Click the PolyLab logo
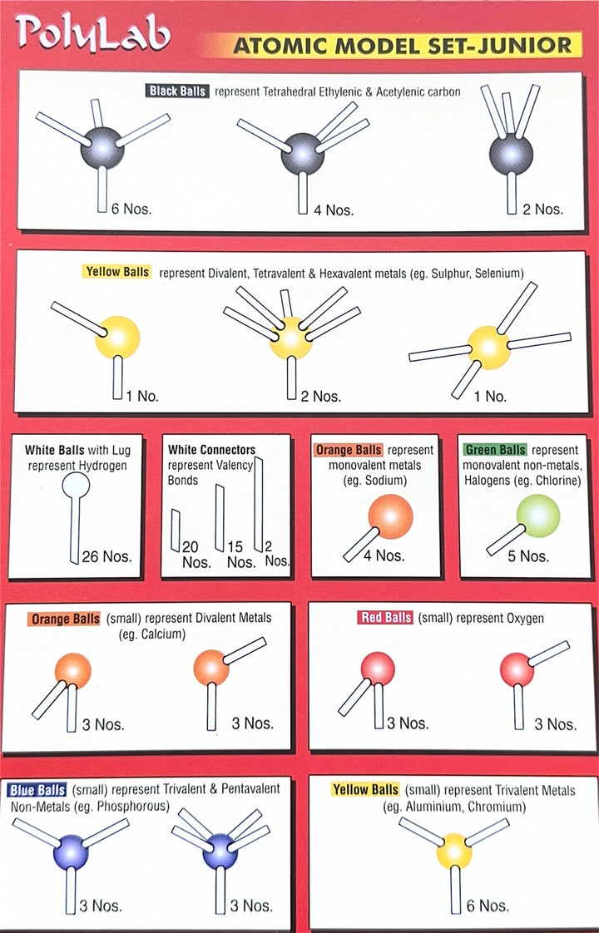(92, 32)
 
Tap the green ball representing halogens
(538, 516)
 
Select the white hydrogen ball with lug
(77, 486)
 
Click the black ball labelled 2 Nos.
(511, 155)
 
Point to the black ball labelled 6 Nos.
(102, 148)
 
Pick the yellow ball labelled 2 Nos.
(291, 338)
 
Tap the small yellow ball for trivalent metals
(454, 852)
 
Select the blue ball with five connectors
(220, 852)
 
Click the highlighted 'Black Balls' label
(177, 91)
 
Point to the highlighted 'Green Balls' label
(495, 450)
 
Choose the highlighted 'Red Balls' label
(386, 618)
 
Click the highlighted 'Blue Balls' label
(37, 790)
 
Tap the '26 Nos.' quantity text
(107, 557)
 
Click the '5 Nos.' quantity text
(528, 557)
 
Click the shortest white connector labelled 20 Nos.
(176, 531)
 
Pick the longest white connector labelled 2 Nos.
(259, 504)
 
